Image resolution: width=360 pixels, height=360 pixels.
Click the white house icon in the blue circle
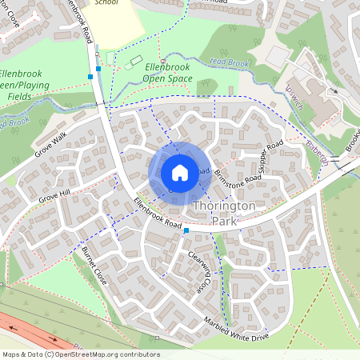coord(180,172)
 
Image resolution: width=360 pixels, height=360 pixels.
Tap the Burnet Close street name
coord(94,266)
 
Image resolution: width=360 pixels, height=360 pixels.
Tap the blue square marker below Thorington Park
coord(186,230)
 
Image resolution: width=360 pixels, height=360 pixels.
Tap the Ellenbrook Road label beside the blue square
coord(158,214)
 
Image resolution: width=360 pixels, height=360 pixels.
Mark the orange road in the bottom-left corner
coord(24,330)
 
